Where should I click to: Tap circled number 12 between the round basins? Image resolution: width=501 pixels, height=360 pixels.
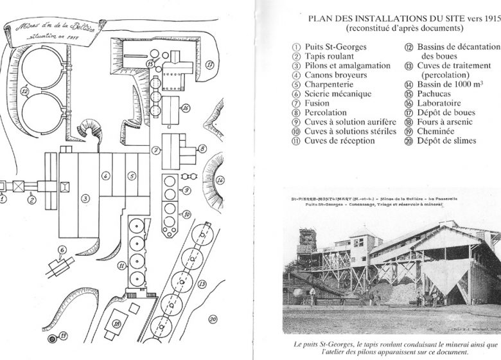tap(25, 92)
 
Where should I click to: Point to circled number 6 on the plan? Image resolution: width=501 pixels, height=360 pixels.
tap(63, 249)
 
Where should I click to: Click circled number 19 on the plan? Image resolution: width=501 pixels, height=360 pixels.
tap(63, 334)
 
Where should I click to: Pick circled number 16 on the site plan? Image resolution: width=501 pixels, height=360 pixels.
tap(186, 109)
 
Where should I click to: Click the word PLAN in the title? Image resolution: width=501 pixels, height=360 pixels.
tap(323, 18)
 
